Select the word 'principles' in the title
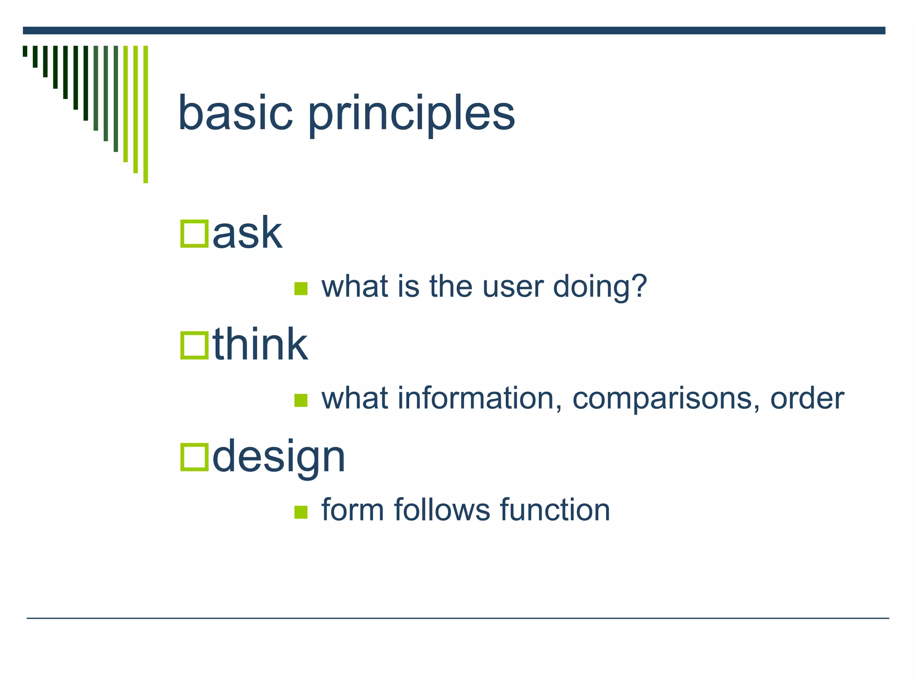coord(411,116)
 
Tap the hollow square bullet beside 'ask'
coord(194,234)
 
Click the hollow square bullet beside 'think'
coord(194,345)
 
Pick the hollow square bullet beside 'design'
coord(194,457)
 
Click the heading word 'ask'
coord(247,233)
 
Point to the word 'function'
coord(555,509)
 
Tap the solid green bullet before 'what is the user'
coord(301,289)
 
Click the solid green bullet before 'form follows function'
coord(301,512)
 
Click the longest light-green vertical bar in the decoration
coord(145,114)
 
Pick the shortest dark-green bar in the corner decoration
coord(25,51)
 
